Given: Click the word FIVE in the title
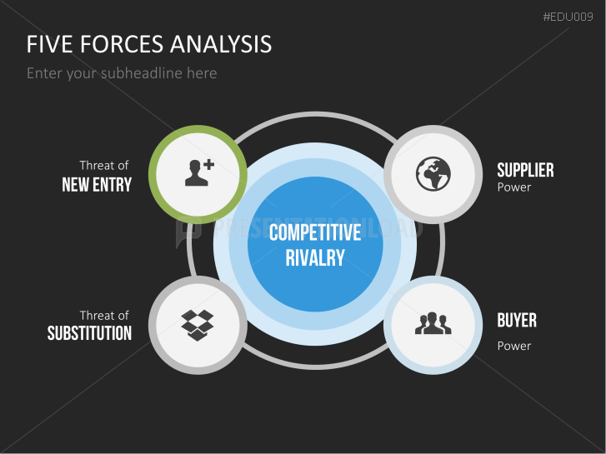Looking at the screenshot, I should pyautogui.click(x=48, y=44).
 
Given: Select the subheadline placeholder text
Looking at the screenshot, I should pyautogui.click(x=122, y=73).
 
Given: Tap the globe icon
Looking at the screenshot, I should pyautogui.click(x=433, y=173).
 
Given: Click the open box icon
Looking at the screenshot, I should pyautogui.click(x=198, y=324).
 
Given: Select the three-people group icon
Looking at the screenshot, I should pyautogui.click(x=433, y=323).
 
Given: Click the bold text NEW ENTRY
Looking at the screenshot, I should pyautogui.click(x=97, y=185).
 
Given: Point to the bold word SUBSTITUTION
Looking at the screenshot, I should pyautogui.click(x=89, y=334).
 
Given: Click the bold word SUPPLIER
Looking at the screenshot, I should pyautogui.click(x=525, y=171).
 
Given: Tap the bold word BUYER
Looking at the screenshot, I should pyautogui.click(x=517, y=321).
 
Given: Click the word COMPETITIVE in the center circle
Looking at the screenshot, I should pyautogui.click(x=315, y=232).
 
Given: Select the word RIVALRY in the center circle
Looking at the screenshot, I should pyautogui.click(x=315, y=258).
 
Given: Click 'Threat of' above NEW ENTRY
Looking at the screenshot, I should pyautogui.click(x=104, y=166).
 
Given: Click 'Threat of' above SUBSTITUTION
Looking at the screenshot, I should pyautogui.click(x=104, y=316).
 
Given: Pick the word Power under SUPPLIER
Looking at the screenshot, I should pyautogui.click(x=514, y=187).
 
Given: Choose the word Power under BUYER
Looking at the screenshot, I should pyautogui.click(x=514, y=346).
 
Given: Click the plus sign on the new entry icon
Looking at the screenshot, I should pyautogui.click(x=208, y=165).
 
